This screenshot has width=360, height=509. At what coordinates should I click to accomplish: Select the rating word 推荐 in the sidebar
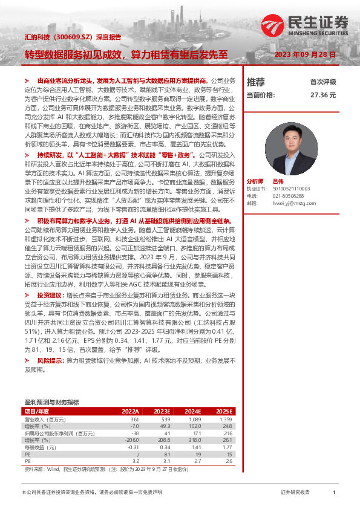(x=256, y=82)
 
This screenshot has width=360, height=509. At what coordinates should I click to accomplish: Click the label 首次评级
(x=323, y=82)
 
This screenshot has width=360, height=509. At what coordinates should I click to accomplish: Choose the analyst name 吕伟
(x=278, y=181)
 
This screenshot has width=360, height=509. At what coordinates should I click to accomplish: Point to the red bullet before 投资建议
(x=27, y=295)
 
